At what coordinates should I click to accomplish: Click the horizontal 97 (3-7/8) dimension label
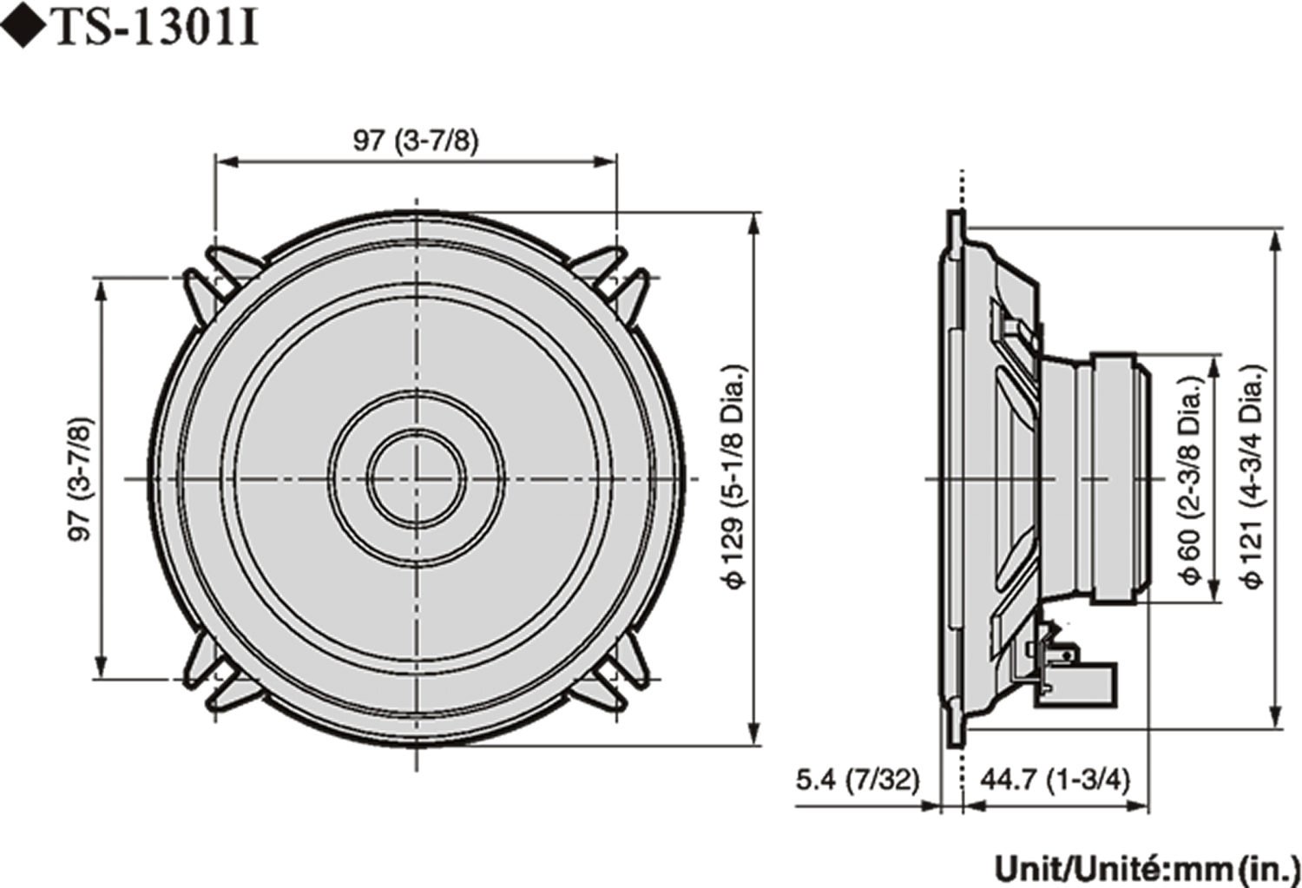pos(416,141)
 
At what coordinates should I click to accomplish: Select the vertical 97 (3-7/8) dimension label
pos(80,478)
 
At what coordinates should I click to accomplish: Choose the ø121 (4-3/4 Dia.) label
pos(1254,477)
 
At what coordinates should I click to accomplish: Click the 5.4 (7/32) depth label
pos(857,780)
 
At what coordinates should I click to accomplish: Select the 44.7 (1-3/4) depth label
pos(1055,780)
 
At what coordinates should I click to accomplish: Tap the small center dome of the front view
pos(417,478)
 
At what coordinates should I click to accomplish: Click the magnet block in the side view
pos(1120,477)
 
